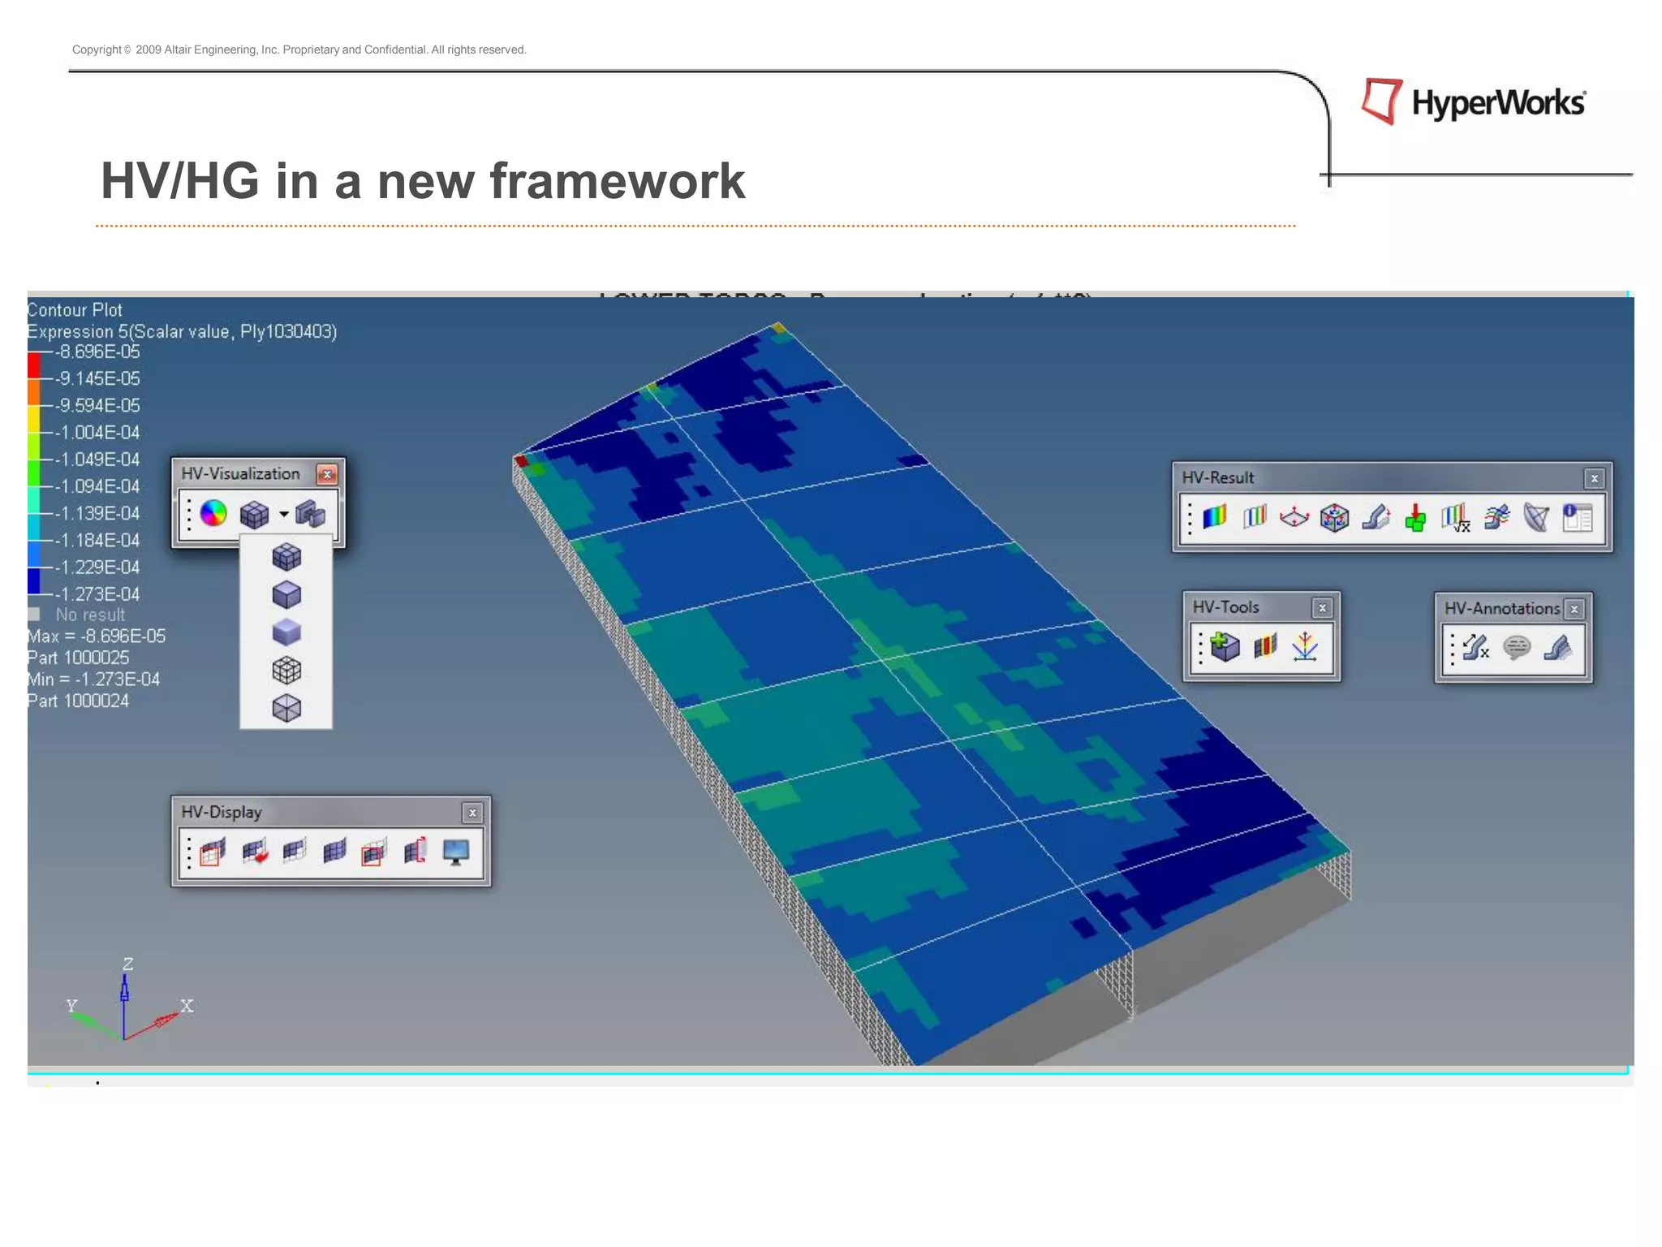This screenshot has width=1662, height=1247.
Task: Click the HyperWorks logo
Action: click(1473, 102)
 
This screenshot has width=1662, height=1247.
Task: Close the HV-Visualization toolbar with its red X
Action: click(327, 474)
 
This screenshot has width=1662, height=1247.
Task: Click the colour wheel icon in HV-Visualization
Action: click(213, 513)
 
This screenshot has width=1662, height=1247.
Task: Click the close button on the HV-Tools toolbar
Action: click(1322, 607)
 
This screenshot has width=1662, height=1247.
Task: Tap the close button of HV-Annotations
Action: click(1574, 609)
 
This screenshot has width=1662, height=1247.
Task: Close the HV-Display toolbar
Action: click(472, 812)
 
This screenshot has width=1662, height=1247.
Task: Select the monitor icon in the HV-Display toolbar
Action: click(456, 852)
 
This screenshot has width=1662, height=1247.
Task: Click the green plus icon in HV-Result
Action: click(1415, 517)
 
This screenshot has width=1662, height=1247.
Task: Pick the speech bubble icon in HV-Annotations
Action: click(1516, 647)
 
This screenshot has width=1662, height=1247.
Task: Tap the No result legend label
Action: click(90, 615)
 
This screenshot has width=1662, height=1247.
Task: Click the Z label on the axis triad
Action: click(127, 964)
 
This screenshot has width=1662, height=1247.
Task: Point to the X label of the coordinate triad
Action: click(187, 1005)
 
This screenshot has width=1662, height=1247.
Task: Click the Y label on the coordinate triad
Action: click(71, 1005)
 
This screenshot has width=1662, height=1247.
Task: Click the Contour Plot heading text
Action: click(75, 310)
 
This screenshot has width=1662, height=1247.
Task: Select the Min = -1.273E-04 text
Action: click(93, 679)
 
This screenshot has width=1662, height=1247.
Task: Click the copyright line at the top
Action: click(299, 50)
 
